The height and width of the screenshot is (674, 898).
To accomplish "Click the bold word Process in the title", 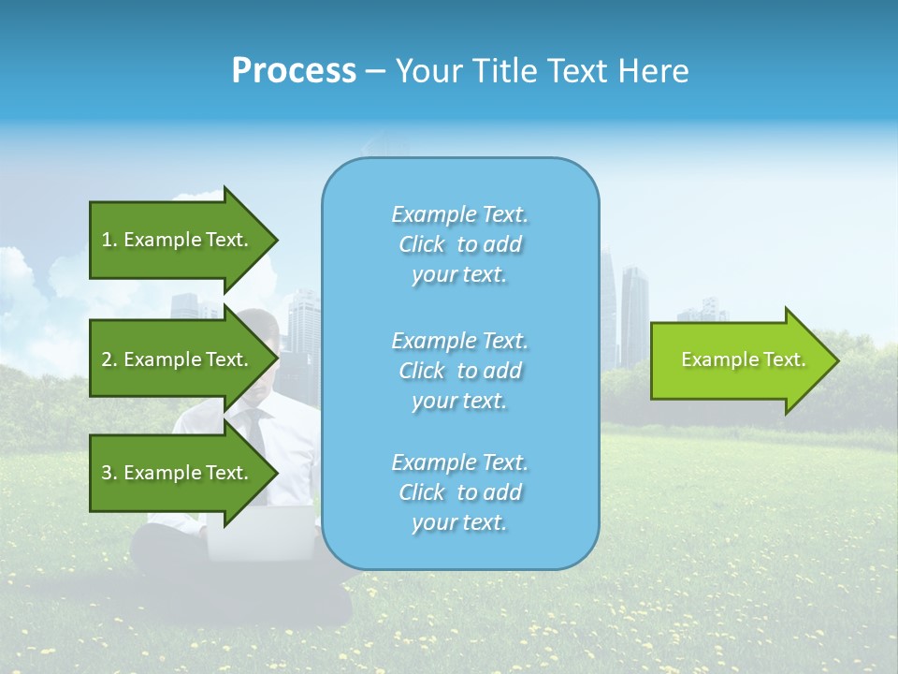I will pyautogui.click(x=294, y=70).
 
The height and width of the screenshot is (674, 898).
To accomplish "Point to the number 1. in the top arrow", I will pyautogui.click(x=109, y=240).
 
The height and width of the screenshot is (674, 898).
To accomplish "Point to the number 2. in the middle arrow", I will pyautogui.click(x=109, y=359).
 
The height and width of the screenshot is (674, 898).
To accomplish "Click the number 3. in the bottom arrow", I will pyautogui.click(x=109, y=473).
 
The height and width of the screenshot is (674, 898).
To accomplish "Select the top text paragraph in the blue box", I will pyautogui.click(x=459, y=244).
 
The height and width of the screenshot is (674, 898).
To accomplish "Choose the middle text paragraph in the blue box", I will pyautogui.click(x=459, y=371).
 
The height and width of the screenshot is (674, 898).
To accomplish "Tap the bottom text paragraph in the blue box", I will pyautogui.click(x=459, y=492).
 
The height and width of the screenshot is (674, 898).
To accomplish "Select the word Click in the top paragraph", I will pyautogui.click(x=421, y=244).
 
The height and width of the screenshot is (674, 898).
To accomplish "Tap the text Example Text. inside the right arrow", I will pyautogui.click(x=744, y=359).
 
